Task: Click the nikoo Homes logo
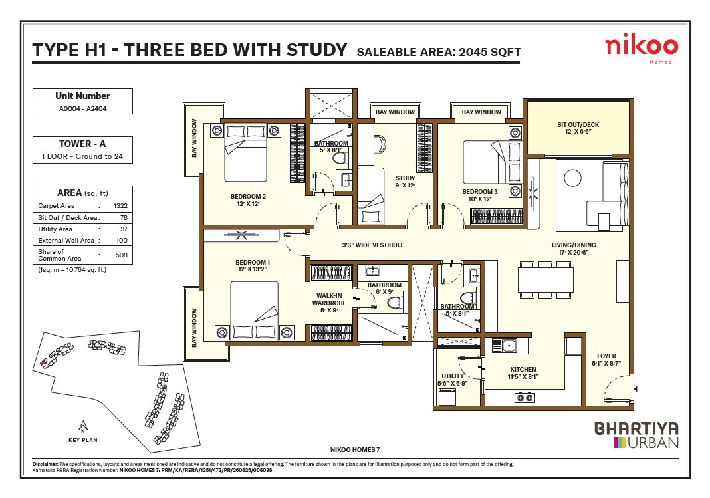(641, 48)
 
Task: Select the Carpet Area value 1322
(120, 206)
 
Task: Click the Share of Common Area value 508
(120, 255)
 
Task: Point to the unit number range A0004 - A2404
(82, 108)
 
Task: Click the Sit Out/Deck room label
(578, 128)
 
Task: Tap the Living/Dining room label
(574, 249)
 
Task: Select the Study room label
(405, 182)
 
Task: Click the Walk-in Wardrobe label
(330, 303)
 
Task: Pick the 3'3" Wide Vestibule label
(373, 245)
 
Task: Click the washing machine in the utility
(448, 396)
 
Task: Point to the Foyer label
(606, 360)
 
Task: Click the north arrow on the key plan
(82, 426)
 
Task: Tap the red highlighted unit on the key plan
(44, 362)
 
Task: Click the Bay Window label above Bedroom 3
(481, 112)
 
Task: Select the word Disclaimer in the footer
(45, 464)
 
